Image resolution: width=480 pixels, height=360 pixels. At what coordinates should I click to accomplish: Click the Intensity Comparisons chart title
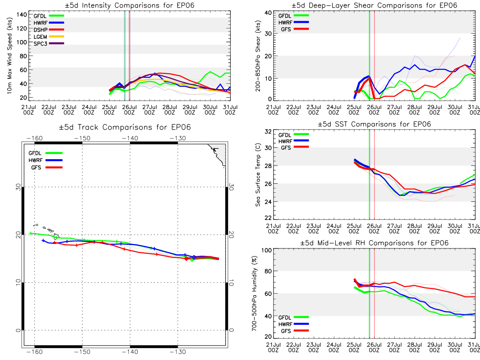click(130, 5)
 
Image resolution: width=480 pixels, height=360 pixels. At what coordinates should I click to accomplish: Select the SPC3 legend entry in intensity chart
click(49, 44)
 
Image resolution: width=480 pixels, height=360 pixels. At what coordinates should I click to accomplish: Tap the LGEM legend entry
click(49, 37)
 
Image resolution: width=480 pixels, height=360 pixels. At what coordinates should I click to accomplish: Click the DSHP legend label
click(40, 30)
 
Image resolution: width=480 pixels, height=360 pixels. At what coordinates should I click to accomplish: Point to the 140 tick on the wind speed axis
click(22, 15)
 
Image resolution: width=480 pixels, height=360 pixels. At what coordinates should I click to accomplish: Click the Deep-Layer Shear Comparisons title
click(374, 5)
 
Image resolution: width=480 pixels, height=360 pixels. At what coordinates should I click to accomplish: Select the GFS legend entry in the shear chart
click(295, 29)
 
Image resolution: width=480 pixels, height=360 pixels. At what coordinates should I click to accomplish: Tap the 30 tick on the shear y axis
click(268, 34)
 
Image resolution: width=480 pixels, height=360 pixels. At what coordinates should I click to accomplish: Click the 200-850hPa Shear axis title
click(258, 56)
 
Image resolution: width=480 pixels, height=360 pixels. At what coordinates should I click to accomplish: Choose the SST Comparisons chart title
click(374, 124)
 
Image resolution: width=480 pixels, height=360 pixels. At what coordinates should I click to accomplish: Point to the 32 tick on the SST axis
click(268, 132)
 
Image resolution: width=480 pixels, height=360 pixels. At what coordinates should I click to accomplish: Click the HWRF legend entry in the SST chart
click(294, 141)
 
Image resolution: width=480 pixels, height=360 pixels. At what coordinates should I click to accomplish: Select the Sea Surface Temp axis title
click(258, 175)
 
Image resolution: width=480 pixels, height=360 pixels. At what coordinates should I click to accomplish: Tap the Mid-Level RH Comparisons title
click(374, 243)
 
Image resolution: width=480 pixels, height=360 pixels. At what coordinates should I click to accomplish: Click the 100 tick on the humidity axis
click(266, 250)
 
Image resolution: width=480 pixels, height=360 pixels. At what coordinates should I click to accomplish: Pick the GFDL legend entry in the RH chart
click(294, 317)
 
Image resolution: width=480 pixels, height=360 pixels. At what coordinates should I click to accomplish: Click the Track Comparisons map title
click(125, 127)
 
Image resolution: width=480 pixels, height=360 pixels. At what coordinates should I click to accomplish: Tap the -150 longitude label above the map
click(82, 138)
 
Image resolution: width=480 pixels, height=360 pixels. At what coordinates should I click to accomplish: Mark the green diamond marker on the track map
click(192, 260)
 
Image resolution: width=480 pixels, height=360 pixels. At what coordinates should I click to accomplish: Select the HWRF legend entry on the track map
click(46, 160)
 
